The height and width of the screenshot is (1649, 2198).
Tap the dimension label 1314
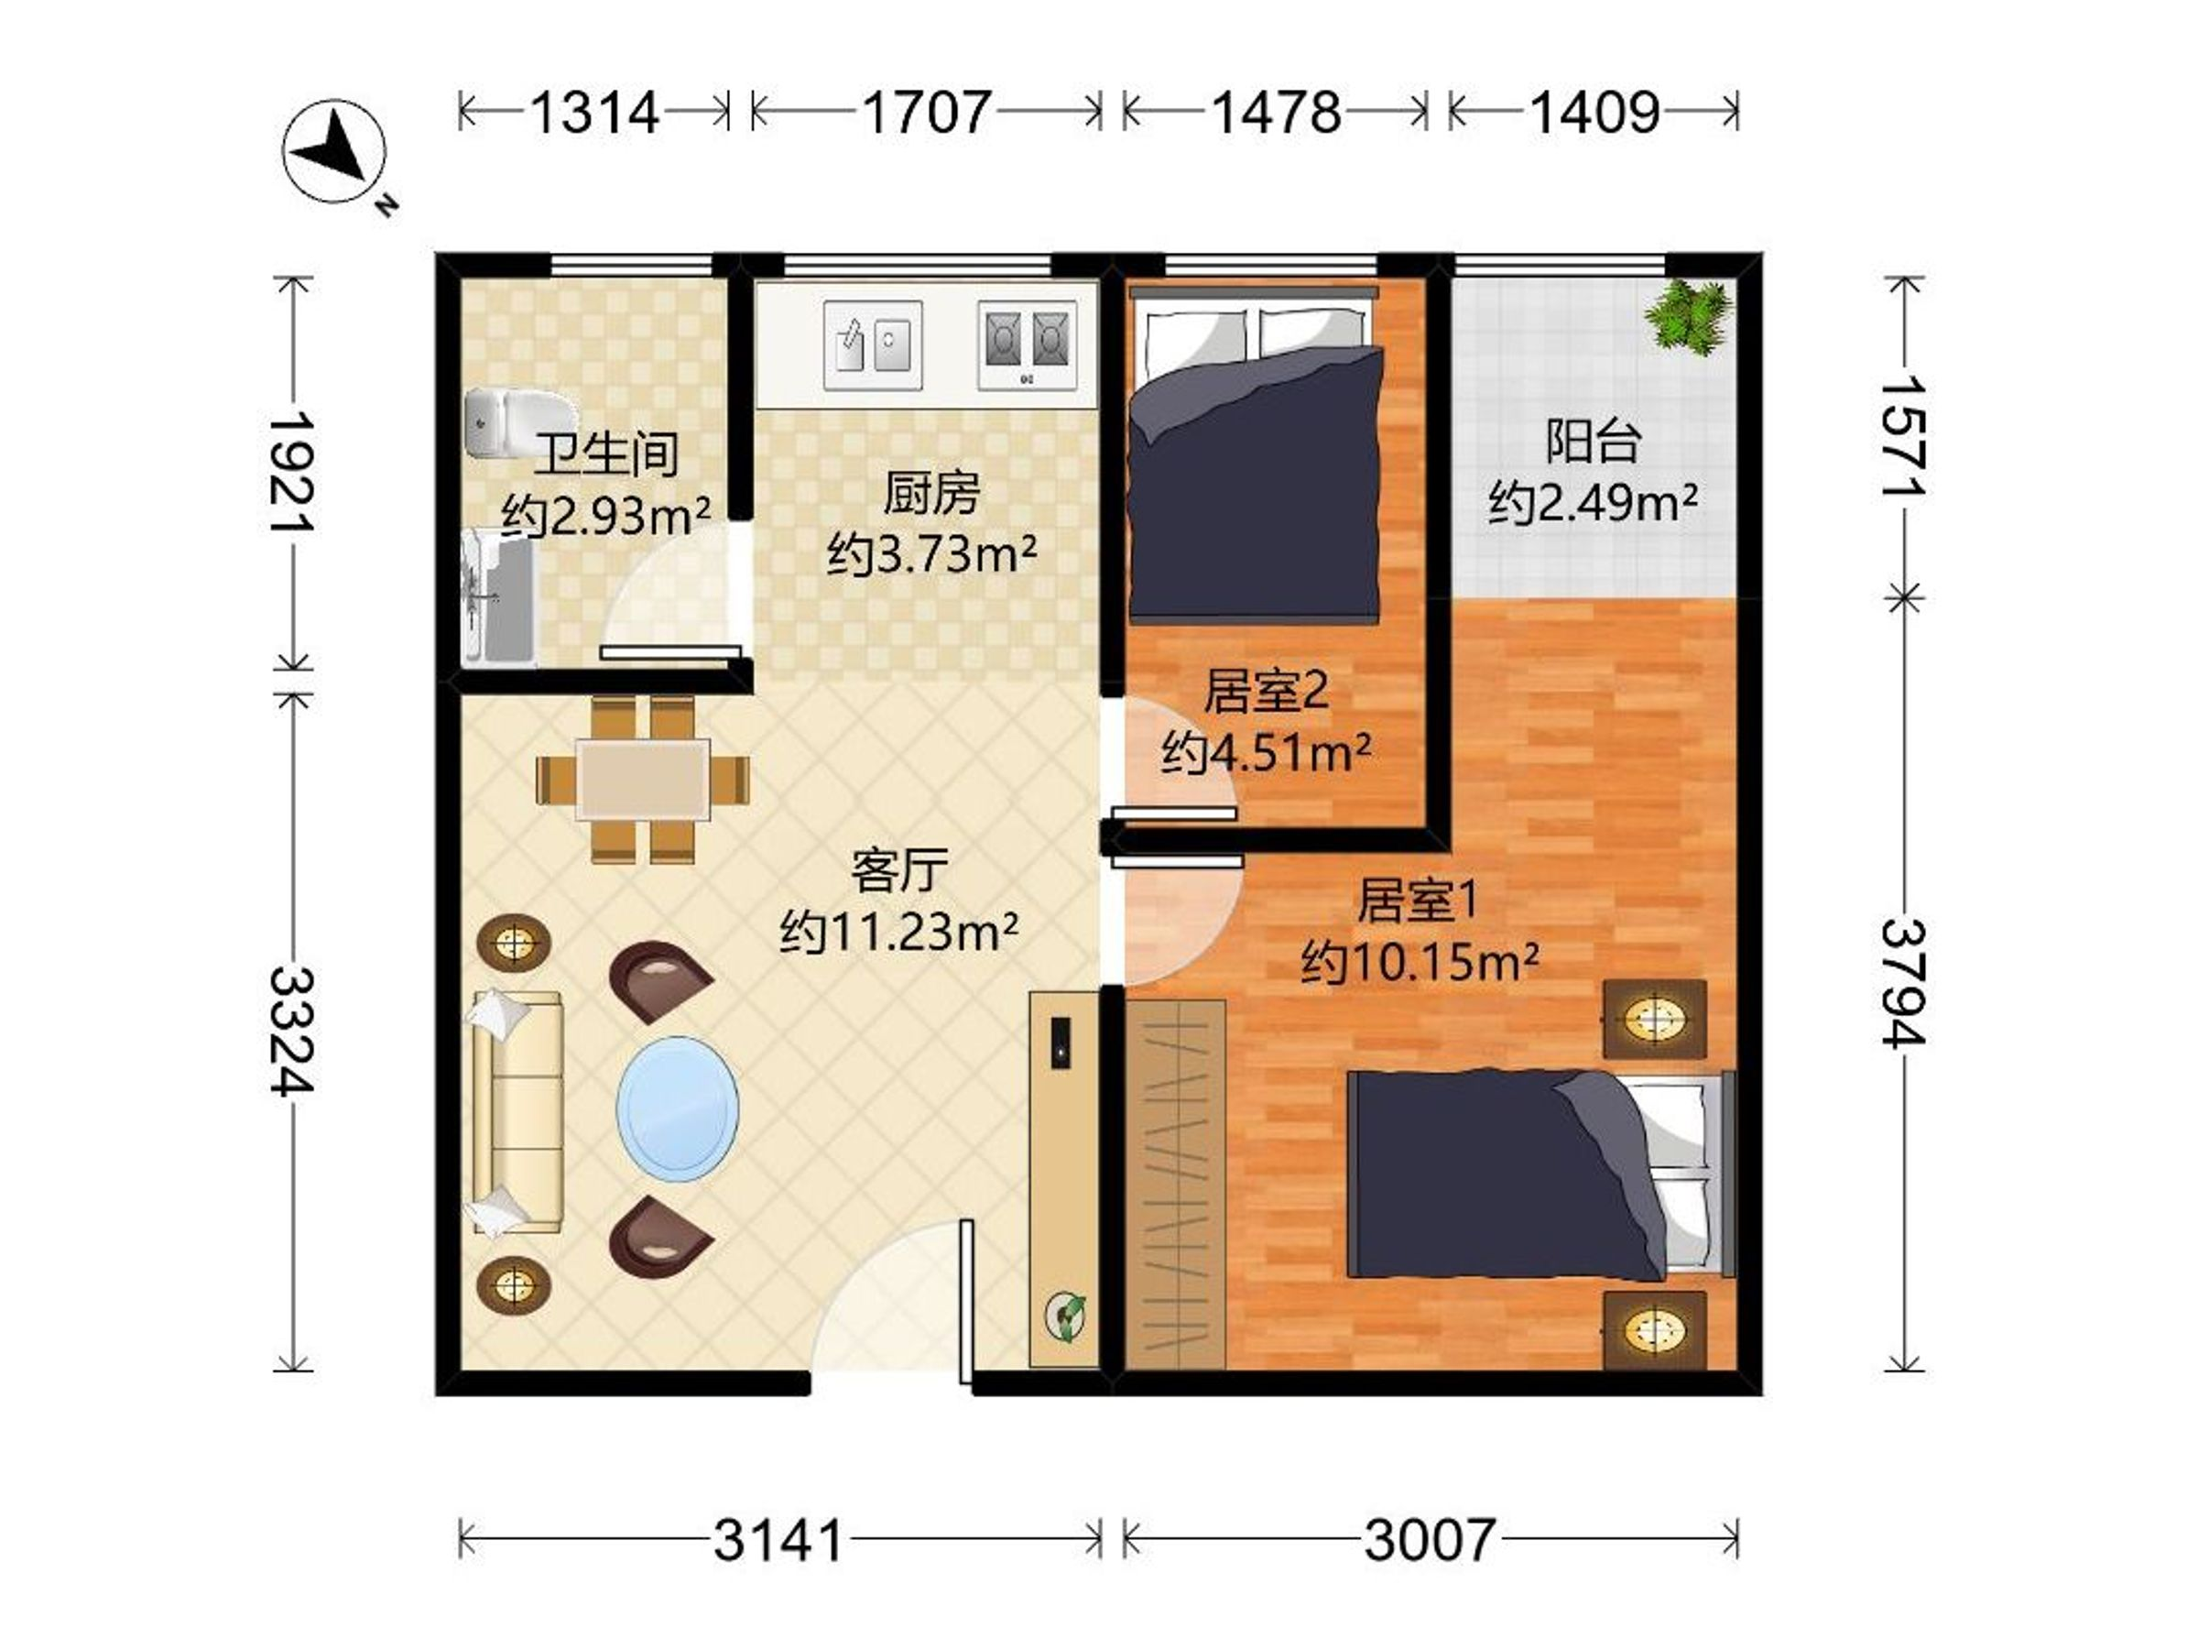(x=594, y=113)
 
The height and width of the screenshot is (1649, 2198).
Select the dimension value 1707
(x=926, y=113)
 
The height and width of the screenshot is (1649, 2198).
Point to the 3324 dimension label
(x=291, y=1031)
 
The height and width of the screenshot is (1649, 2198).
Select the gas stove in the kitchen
(x=1028, y=344)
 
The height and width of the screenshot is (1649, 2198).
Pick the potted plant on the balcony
(x=1688, y=315)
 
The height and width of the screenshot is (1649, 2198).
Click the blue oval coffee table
(x=678, y=1108)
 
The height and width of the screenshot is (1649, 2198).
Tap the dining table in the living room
(x=644, y=780)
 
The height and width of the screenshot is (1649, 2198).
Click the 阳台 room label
(x=1592, y=442)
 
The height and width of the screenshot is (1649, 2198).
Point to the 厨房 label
(x=931, y=493)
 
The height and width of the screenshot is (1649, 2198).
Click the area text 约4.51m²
(x=1266, y=753)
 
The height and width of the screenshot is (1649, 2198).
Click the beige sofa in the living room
(x=517, y=1111)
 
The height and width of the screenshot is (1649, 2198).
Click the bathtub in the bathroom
(x=500, y=597)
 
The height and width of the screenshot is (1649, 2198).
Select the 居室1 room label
(x=1418, y=901)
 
